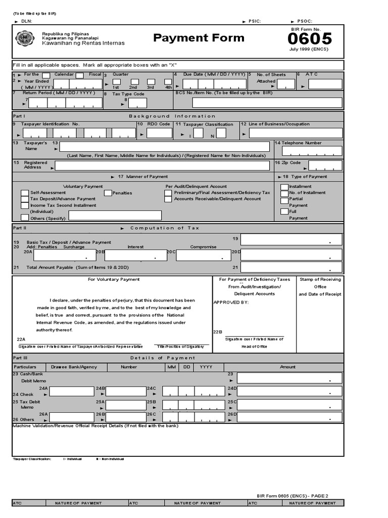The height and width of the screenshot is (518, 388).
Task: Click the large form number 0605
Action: click(x=311, y=38)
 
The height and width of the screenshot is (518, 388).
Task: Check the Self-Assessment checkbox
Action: click(x=25, y=193)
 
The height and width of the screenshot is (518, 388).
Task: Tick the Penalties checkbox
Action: click(x=108, y=193)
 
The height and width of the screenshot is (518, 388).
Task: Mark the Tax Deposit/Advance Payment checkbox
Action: click(x=25, y=199)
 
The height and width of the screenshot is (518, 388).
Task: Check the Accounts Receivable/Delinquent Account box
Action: click(x=168, y=199)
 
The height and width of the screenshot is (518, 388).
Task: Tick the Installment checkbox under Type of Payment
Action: click(x=284, y=187)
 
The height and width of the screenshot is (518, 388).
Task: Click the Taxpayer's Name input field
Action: click(x=164, y=147)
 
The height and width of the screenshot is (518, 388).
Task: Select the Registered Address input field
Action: click(x=162, y=166)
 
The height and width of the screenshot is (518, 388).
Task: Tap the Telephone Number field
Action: click(x=311, y=151)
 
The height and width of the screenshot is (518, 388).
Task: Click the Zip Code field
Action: click(x=325, y=165)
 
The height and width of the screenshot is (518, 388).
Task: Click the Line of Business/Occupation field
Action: click(x=296, y=134)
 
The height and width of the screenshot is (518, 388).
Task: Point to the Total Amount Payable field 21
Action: click(x=292, y=267)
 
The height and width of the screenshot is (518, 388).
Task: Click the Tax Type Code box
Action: click(x=137, y=103)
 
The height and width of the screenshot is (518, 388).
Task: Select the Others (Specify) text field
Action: click(x=115, y=215)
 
